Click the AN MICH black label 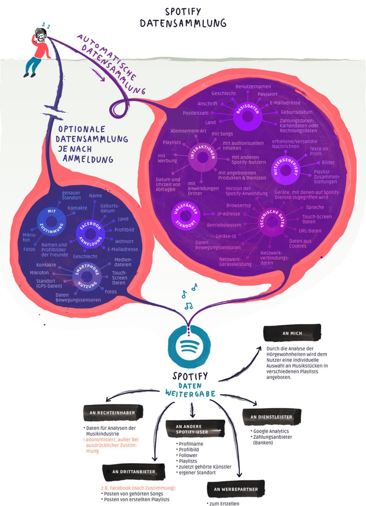(x=292, y=333)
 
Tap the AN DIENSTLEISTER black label (x=271, y=417)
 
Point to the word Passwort (x=267, y=94)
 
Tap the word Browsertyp (x=238, y=206)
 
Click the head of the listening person (x=40, y=35)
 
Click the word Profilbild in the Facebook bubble (x=124, y=230)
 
